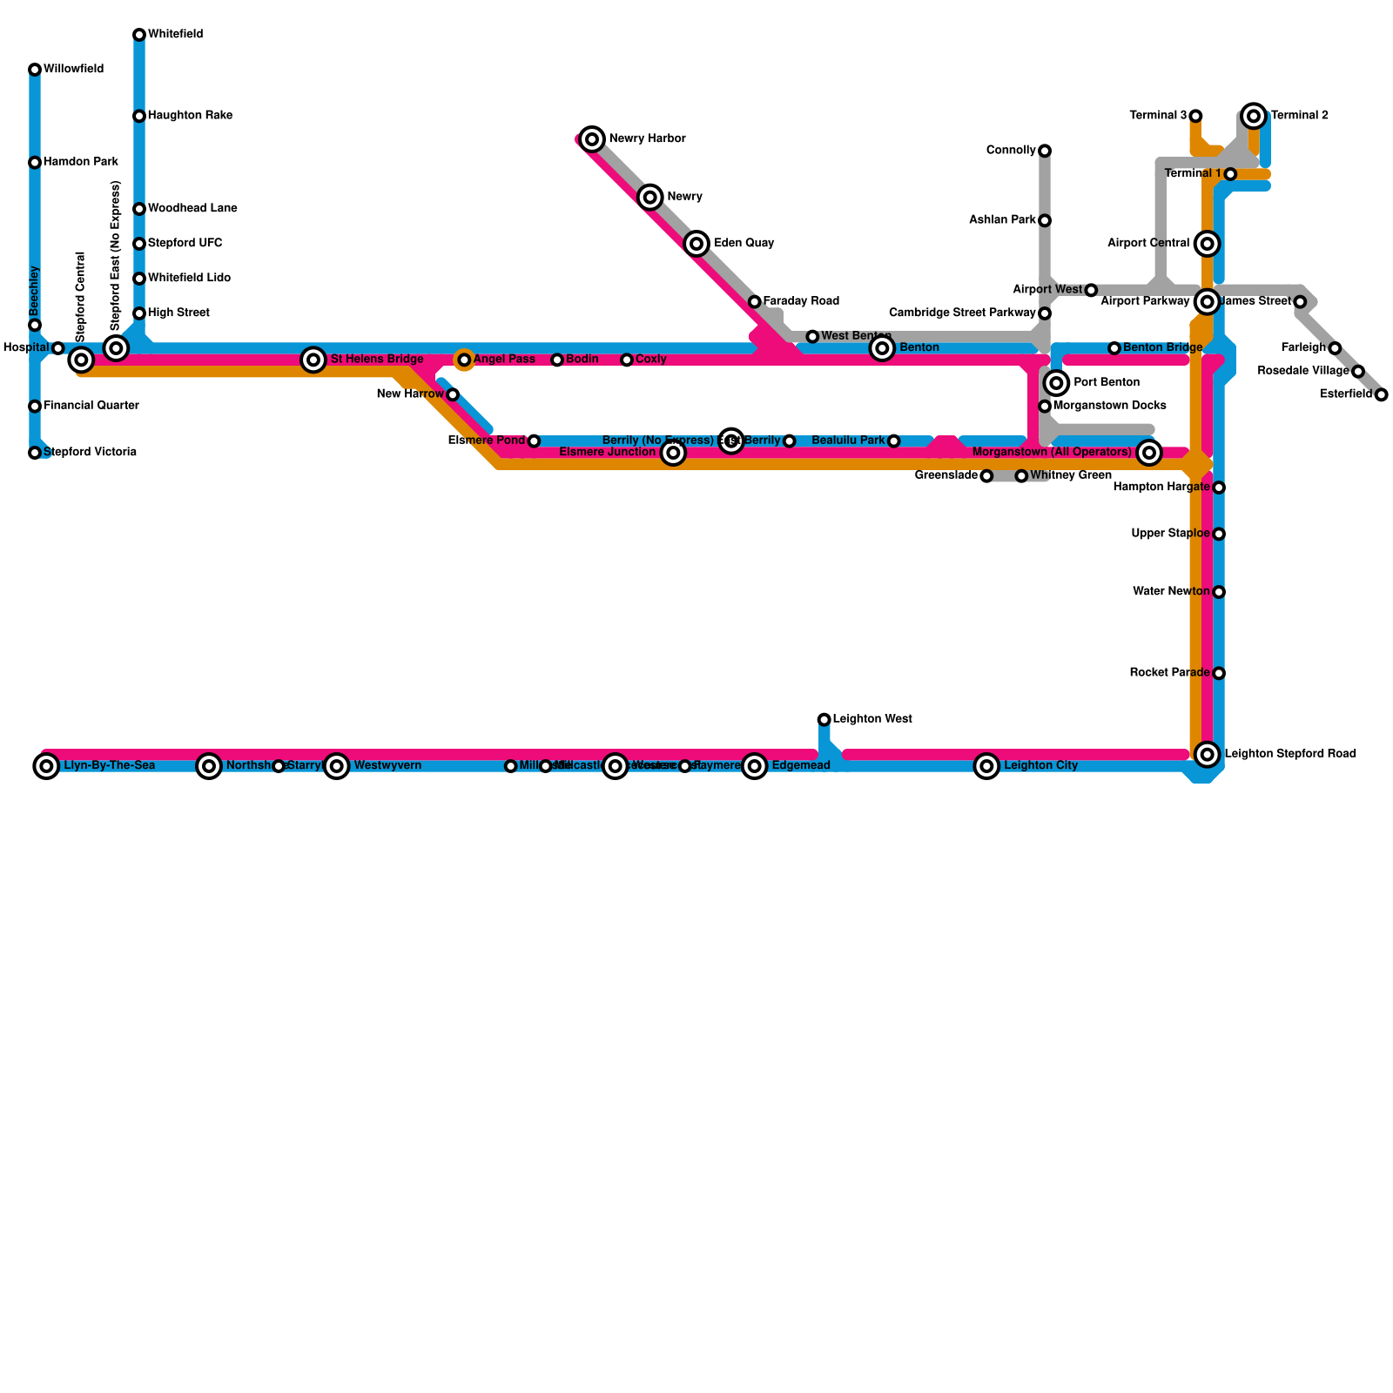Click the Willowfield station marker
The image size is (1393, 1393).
(35, 70)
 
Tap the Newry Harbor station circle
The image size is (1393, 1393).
(592, 138)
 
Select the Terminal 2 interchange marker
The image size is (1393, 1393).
(1254, 115)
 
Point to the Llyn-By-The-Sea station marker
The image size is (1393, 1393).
(47, 766)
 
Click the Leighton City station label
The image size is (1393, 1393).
(1040, 766)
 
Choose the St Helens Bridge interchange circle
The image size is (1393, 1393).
(313, 359)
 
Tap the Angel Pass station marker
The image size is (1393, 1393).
(464, 360)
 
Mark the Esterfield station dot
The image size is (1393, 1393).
(1381, 394)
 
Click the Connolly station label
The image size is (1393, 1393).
(1011, 151)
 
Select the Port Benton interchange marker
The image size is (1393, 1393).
(1056, 382)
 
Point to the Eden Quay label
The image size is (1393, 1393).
(744, 243)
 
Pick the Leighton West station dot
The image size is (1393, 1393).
(824, 719)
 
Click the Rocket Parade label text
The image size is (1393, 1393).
(1169, 673)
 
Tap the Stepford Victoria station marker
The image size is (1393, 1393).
(35, 453)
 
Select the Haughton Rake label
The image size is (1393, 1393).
(190, 116)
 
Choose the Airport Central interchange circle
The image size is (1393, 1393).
(1207, 244)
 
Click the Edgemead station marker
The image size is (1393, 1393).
(755, 766)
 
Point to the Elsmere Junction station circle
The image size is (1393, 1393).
(673, 453)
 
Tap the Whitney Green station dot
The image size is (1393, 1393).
(1021, 476)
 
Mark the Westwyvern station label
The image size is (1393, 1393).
(387, 766)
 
